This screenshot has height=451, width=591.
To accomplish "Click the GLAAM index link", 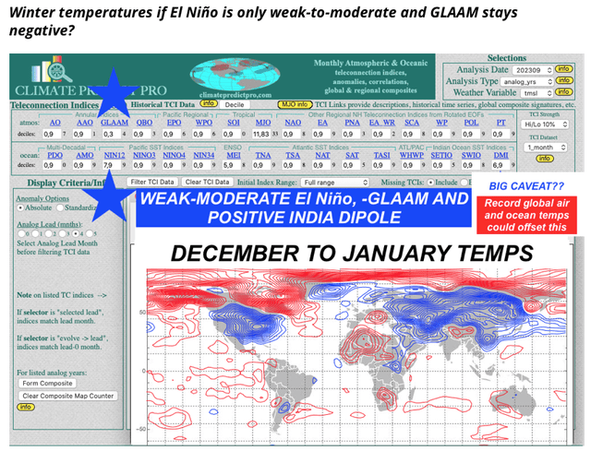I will pyautogui.click(x=114, y=122).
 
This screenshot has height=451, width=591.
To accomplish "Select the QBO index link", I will pyautogui.click(x=144, y=122).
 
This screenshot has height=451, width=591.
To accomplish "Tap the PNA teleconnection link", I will pyautogui.click(x=352, y=122).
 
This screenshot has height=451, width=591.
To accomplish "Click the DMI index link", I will pyautogui.click(x=501, y=155).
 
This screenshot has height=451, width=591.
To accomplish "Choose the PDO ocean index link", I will pyautogui.click(x=55, y=155).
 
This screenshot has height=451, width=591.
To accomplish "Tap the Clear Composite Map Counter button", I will pyautogui.click(x=67, y=396).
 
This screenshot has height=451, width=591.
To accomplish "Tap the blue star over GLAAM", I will pyautogui.click(x=112, y=95).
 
